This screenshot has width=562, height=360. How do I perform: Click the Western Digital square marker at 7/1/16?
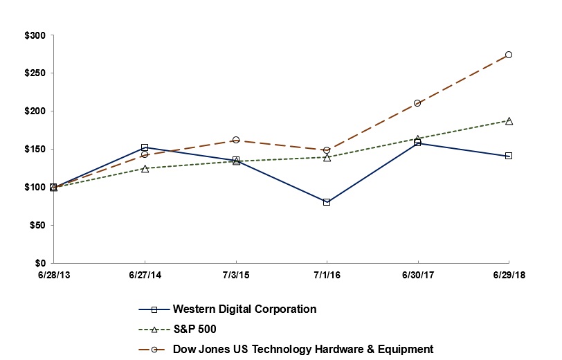327,202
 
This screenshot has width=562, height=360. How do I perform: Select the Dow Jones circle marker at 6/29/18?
509,55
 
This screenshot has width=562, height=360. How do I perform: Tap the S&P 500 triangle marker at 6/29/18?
509,120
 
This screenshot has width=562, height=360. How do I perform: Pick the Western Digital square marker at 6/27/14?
145,147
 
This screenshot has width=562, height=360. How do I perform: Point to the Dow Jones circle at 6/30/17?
417,103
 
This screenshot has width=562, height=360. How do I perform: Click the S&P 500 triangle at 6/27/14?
145,168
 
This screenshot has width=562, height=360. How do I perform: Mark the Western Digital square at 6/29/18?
509,156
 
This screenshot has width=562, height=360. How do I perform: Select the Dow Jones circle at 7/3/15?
236,140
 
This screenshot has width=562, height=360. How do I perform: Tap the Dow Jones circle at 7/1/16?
327,150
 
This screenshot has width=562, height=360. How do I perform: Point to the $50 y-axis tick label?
36,226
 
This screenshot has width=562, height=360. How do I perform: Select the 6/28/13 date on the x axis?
53,276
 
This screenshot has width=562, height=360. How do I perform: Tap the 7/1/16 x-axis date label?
327,276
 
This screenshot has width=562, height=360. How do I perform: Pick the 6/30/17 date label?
417,276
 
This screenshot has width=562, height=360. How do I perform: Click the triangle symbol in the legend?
155,330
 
